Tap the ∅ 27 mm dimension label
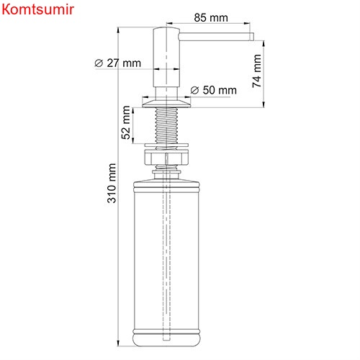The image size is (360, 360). pos(117,63)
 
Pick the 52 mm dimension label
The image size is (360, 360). pos(127,123)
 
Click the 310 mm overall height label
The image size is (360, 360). pos(112,184)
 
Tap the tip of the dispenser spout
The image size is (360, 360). pos(251,35)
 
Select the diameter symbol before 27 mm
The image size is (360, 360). pos(98,63)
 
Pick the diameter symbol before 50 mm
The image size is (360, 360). pos(194,90)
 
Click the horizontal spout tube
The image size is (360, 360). pos(216,35)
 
